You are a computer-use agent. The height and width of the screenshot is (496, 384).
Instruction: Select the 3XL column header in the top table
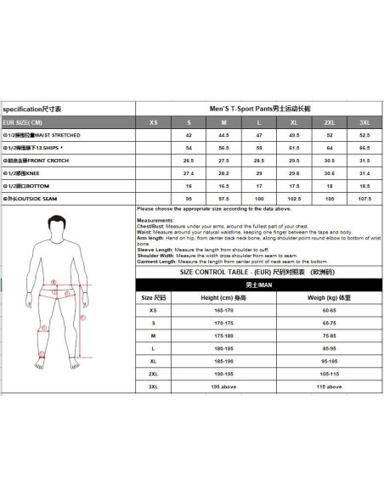click(364, 122)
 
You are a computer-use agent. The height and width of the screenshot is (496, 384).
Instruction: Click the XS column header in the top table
click(153, 122)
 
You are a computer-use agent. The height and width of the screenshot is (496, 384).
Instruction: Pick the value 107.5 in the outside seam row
click(364, 197)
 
